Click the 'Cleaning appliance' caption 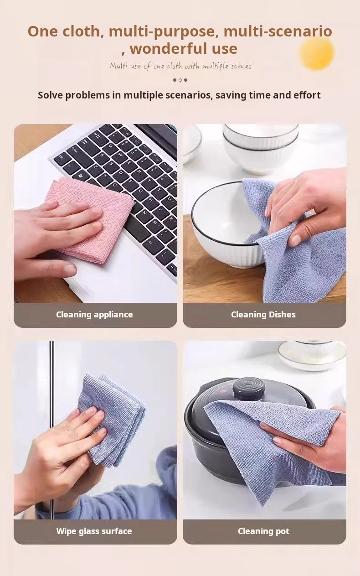(94, 315)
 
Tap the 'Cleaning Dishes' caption (263, 315)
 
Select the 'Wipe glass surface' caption (94, 531)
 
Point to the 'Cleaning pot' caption (263, 531)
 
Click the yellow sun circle (317, 52)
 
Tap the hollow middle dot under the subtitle (180, 80)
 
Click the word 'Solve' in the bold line (50, 95)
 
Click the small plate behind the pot (312, 355)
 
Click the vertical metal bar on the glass (51, 430)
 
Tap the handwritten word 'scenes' (241, 66)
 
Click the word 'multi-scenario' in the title (278, 31)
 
